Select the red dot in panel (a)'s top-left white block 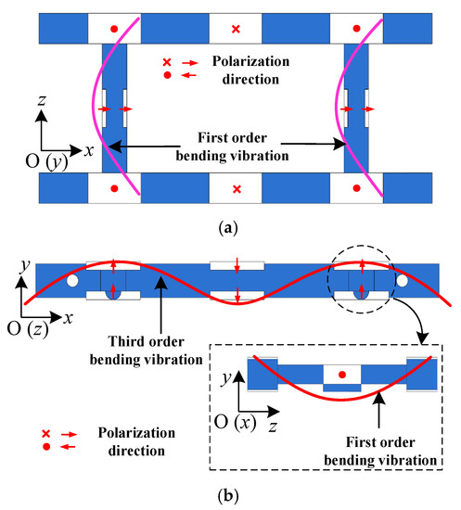click(113, 30)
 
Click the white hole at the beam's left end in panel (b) click(70, 279)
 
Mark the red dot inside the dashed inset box click(342, 375)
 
